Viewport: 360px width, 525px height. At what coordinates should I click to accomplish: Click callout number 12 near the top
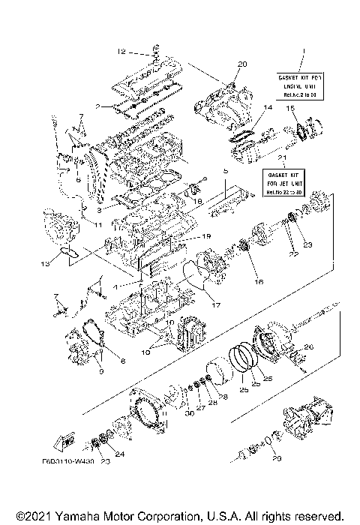pos(120,52)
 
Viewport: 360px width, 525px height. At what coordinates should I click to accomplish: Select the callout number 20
pos(241,64)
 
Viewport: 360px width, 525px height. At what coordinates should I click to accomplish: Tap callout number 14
pos(267,109)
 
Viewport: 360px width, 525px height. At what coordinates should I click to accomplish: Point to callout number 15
pos(289,109)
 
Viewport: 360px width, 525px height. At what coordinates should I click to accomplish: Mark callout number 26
pos(309,346)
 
